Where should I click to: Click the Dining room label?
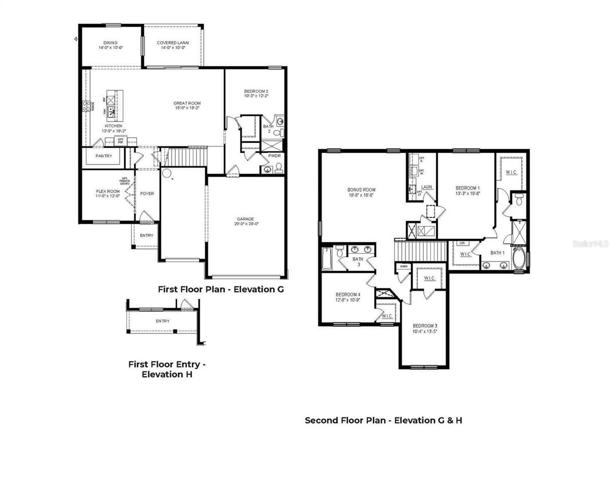(110, 43)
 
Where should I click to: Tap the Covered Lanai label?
(173, 43)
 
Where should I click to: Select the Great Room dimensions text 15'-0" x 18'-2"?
(187, 108)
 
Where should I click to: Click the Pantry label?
(104, 156)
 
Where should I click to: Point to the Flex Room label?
(108, 192)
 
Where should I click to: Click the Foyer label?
(147, 194)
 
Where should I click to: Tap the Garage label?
(245, 219)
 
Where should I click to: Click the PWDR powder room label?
(274, 156)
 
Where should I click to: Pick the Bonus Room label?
(361, 190)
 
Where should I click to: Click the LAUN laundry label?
(426, 187)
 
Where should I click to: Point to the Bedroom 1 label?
(467, 188)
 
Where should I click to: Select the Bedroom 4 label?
(348, 295)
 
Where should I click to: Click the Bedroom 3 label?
(425, 326)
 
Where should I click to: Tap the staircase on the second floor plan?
(421, 250)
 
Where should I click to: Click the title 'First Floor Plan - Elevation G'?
(221, 289)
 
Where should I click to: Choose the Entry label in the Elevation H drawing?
(163, 321)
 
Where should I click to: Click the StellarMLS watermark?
(590, 243)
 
